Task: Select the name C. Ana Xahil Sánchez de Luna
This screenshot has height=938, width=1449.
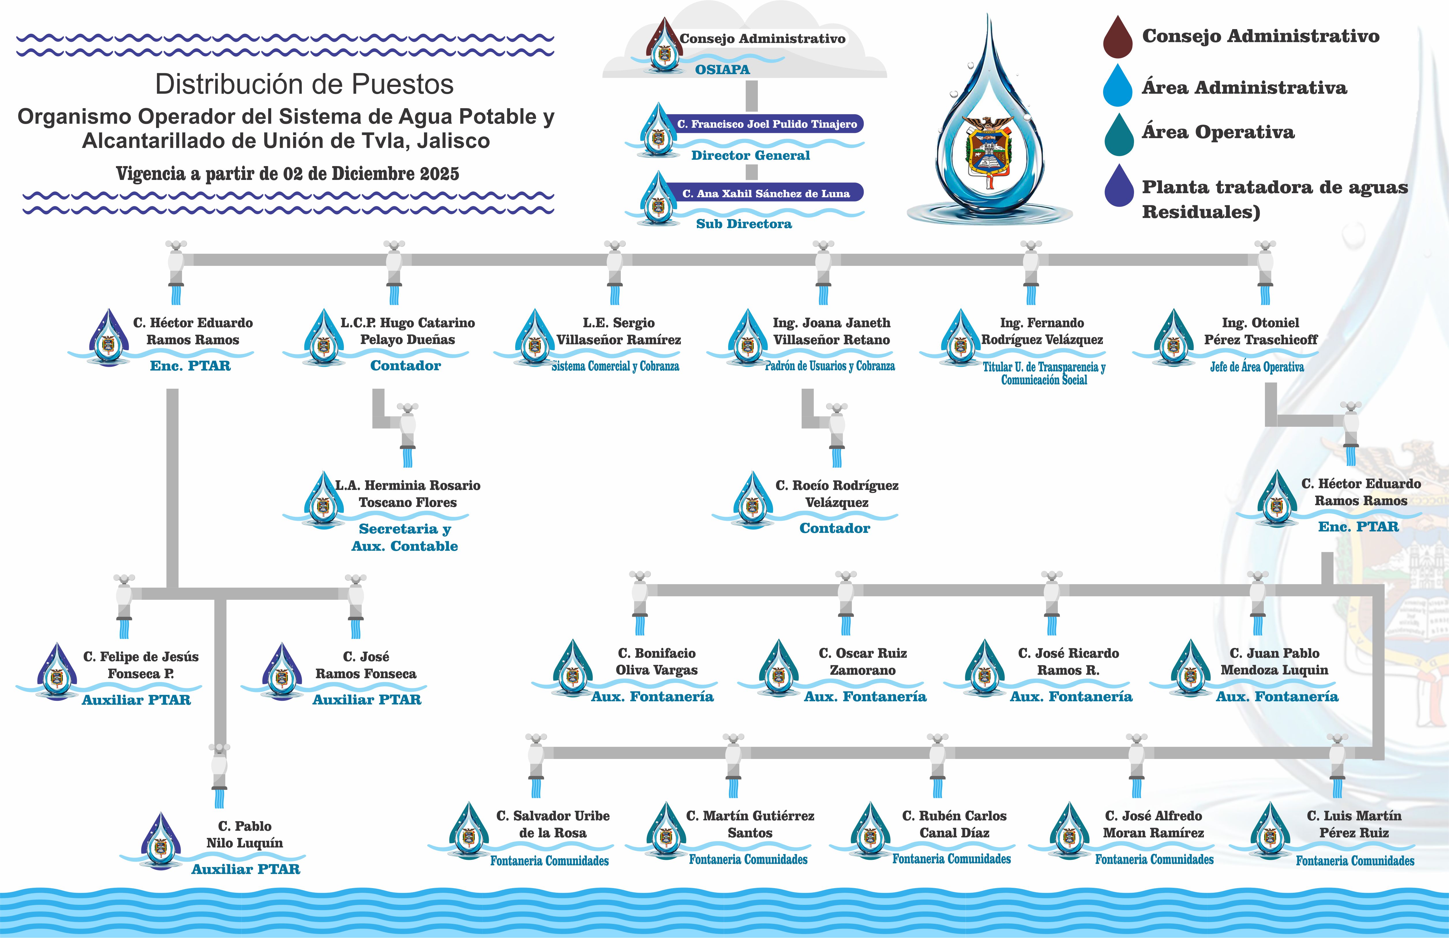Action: [765, 193]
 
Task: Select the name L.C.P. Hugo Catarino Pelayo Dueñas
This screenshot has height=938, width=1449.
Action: [407, 331]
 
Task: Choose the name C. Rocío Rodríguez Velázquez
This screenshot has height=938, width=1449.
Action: [837, 494]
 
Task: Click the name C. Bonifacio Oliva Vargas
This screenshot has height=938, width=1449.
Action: [656, 662]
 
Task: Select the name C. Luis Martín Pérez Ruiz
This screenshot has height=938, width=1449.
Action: [1354, 824]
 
